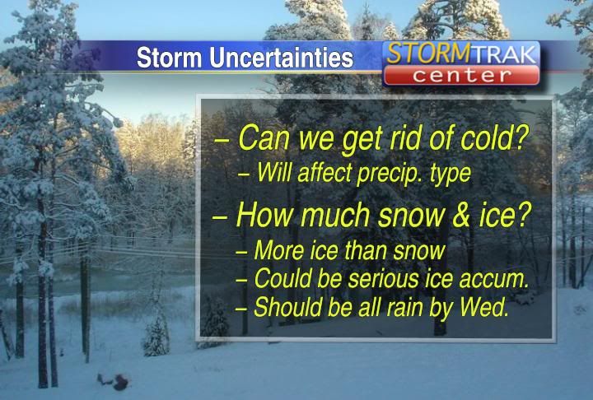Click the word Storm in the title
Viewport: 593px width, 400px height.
[x=169, y=58]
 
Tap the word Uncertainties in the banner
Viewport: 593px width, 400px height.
[x=282, y=58]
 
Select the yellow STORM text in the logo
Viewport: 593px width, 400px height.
[x=428, y=53]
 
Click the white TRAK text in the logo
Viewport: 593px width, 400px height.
[x=504, y=53]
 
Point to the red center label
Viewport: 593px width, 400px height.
[x=461, y=75]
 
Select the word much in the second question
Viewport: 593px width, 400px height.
[x=335, y=215]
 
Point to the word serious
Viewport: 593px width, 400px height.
[x=383, y=279]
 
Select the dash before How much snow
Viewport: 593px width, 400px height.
[x=219, y=218]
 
